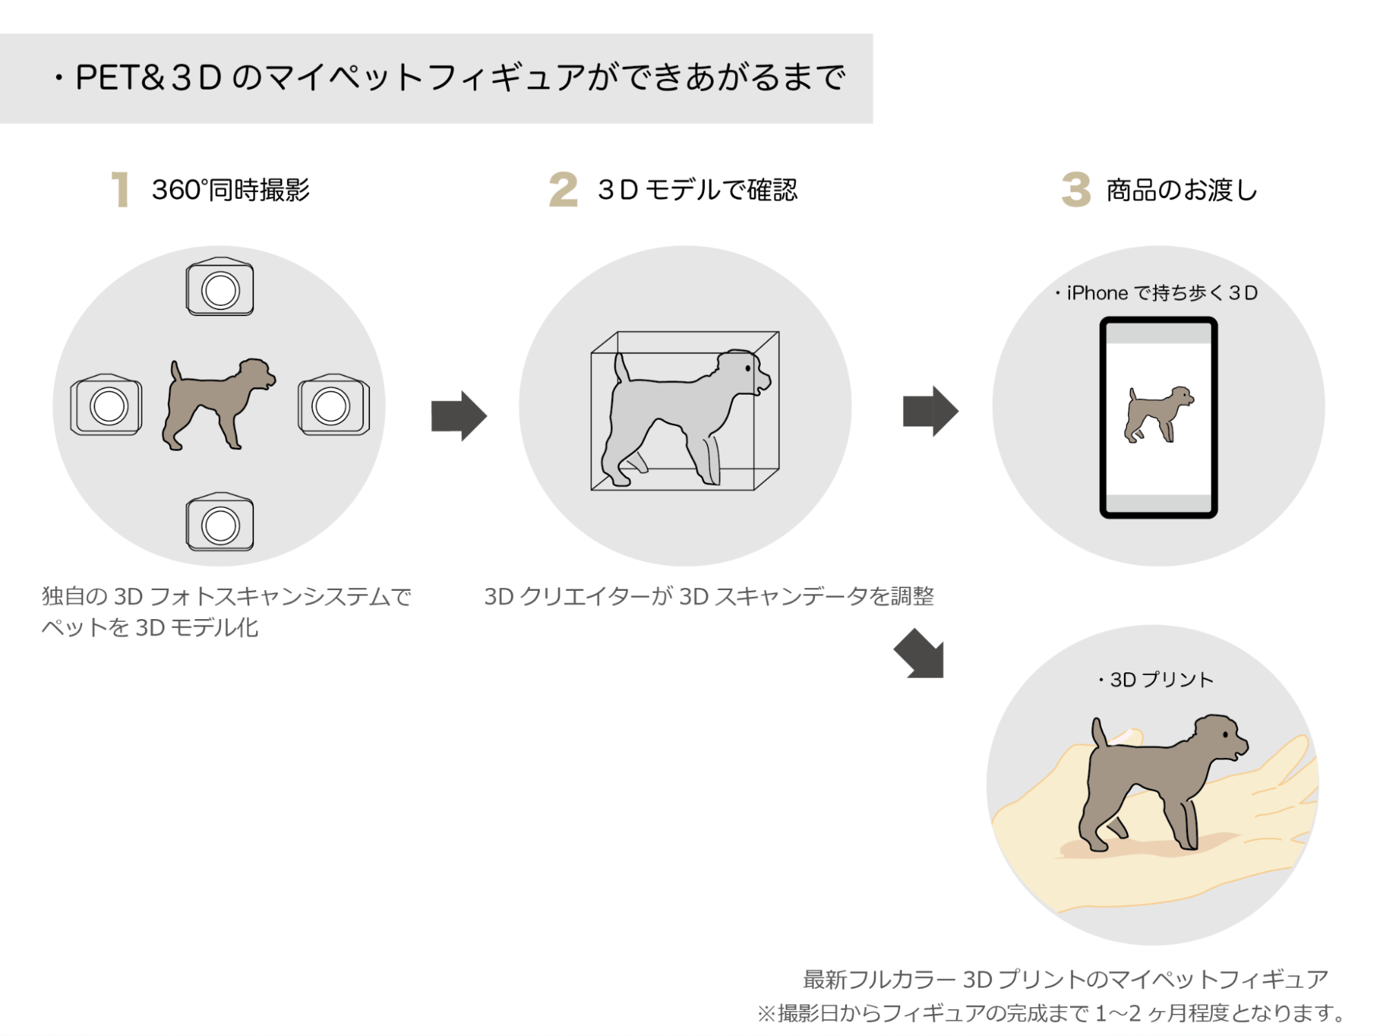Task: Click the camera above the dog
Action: click(220, 288)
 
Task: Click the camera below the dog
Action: click(220, 523)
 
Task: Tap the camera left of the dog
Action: click(106, 405)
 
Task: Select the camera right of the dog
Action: click(333, 405)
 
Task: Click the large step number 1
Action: click(120, 190)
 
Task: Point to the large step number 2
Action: click(563, 190)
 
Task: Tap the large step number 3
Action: click(1076, 190)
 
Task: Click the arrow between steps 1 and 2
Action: click(459, 416)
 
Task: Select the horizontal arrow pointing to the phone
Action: click(931, 411)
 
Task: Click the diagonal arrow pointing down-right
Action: click(920, 654)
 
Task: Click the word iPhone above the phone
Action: click(1097, 293)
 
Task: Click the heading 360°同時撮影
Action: click(231, 190)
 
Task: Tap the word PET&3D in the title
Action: click(148, 77)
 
